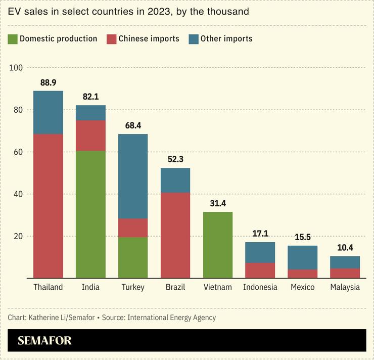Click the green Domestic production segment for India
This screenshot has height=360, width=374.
click(x=90, y=214)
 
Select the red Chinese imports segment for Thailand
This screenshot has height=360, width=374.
click(x=48, y=206)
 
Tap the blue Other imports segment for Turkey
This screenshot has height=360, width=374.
click(x=133, y=176)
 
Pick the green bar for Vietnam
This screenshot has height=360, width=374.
click(x=217, y=245)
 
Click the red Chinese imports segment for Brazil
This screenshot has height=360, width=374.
click(x=175, y=235)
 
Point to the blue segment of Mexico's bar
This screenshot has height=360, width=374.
click(x=303, y=257)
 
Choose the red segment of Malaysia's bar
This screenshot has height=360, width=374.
click(x=345, y=273)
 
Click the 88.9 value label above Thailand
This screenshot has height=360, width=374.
click(x=49, y=82)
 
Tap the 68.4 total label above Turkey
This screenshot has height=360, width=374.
click(x=133, y=125)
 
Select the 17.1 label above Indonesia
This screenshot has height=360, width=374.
click(x=260, y=234)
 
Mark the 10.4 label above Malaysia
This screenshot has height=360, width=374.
click(x=345, y=248)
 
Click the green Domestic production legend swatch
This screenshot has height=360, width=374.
click(x=13, y=39)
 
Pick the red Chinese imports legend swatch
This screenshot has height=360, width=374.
click(x=112, y=39)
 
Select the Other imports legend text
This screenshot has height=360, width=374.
click(x=226, y=39)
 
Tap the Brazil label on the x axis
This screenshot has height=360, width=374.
click(x=175, y=287)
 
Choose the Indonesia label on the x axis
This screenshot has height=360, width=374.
click(x=260, y=287)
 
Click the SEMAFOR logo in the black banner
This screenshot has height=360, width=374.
click(x=44, y=340)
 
